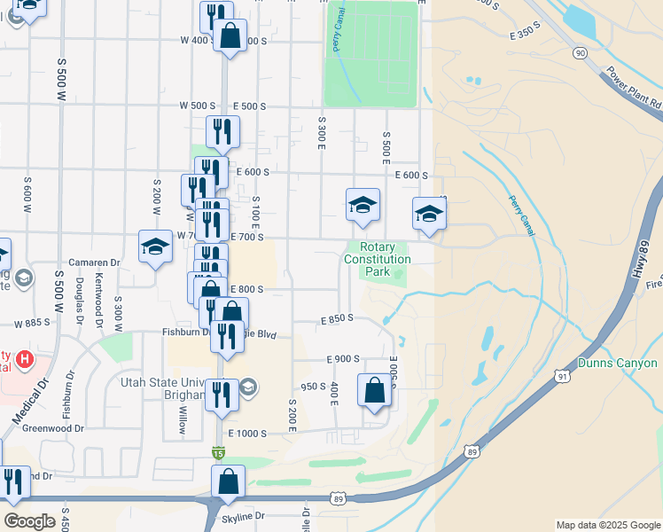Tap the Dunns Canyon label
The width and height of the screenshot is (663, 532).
[x=617, y=363]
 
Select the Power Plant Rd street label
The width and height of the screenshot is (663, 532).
[x=633, y=88]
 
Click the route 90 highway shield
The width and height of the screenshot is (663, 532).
[x=580, y=53]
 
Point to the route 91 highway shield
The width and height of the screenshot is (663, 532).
[x=562, y=377]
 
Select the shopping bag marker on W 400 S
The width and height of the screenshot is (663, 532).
[x=230, y=37]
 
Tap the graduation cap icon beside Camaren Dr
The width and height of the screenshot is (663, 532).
[x=155, y=246]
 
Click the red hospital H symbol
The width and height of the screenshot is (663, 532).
[x=25, y=361]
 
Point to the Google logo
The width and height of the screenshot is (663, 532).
[x=29, y=520]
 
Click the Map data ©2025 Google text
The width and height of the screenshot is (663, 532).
[x=608, y=525]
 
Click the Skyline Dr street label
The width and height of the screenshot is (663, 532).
[x=245, y=515]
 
